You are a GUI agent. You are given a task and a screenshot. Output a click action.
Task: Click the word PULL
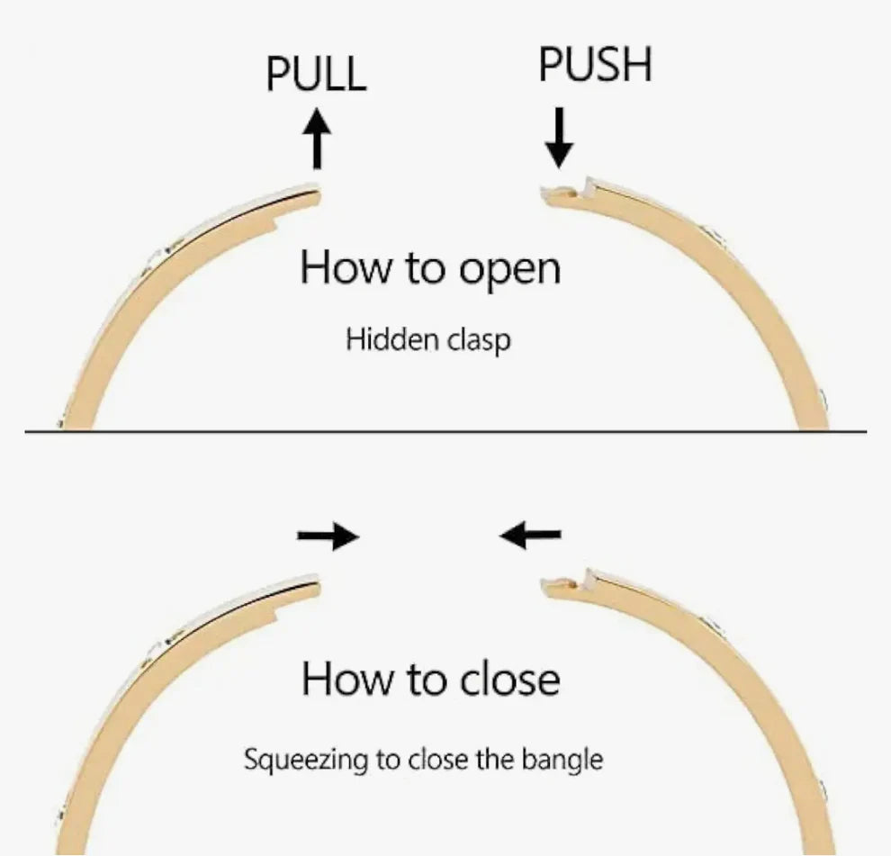(316, 73)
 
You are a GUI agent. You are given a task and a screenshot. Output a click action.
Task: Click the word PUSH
(595, 64)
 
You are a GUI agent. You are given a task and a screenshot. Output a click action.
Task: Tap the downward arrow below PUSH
(559, 137)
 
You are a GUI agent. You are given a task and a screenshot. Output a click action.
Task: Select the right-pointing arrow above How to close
(328, 537)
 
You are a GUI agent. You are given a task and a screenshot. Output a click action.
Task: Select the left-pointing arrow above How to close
(531, 537)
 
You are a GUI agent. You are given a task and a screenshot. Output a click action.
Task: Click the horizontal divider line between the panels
(445, 432)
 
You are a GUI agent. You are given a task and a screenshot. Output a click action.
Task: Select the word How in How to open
(337, 268)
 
